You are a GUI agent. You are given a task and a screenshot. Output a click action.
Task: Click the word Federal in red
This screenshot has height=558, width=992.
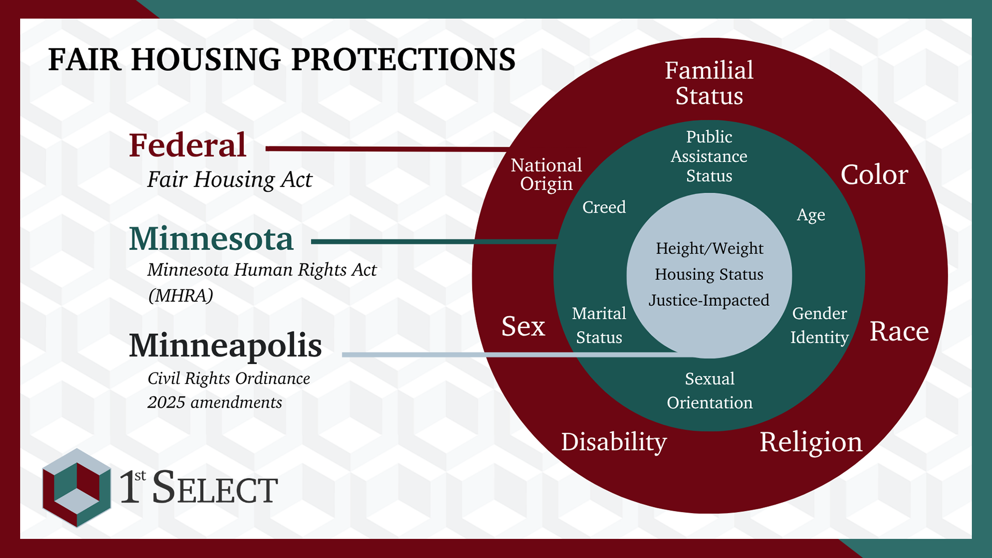[187, 145]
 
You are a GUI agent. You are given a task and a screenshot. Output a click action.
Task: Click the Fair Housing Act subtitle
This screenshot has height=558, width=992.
[229, 180]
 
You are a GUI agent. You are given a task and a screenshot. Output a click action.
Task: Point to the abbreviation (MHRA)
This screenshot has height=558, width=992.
[180, 296]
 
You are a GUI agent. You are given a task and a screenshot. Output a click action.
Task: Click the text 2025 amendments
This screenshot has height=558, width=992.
[214, 402]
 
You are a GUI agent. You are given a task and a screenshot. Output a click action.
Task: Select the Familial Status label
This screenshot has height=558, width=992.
[709, 83]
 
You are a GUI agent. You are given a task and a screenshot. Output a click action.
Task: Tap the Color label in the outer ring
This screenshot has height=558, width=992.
[874, 175]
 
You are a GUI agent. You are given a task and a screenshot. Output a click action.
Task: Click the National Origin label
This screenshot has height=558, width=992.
[546, 174]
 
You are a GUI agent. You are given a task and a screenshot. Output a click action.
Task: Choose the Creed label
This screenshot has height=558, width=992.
[603, 207]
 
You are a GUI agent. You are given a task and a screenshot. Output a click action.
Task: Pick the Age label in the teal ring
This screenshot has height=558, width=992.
[811, 214]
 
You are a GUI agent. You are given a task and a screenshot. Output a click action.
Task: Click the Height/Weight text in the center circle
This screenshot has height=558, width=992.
[709, 249]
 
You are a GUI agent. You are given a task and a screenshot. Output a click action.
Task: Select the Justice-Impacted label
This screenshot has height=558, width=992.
[709, 300]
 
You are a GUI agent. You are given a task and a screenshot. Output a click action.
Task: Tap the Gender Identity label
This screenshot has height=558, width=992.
[819, 325]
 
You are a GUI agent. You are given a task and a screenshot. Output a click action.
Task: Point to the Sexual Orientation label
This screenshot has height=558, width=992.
[709, 391]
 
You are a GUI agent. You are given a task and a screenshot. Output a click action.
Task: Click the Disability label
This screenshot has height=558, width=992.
[614, 442]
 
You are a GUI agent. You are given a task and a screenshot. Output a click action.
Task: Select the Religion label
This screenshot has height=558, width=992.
[811, 442]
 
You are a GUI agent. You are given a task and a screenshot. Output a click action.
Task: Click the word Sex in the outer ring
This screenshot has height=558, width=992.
[523, 327]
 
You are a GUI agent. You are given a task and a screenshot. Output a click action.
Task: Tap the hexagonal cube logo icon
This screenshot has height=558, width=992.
[76, 488]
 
